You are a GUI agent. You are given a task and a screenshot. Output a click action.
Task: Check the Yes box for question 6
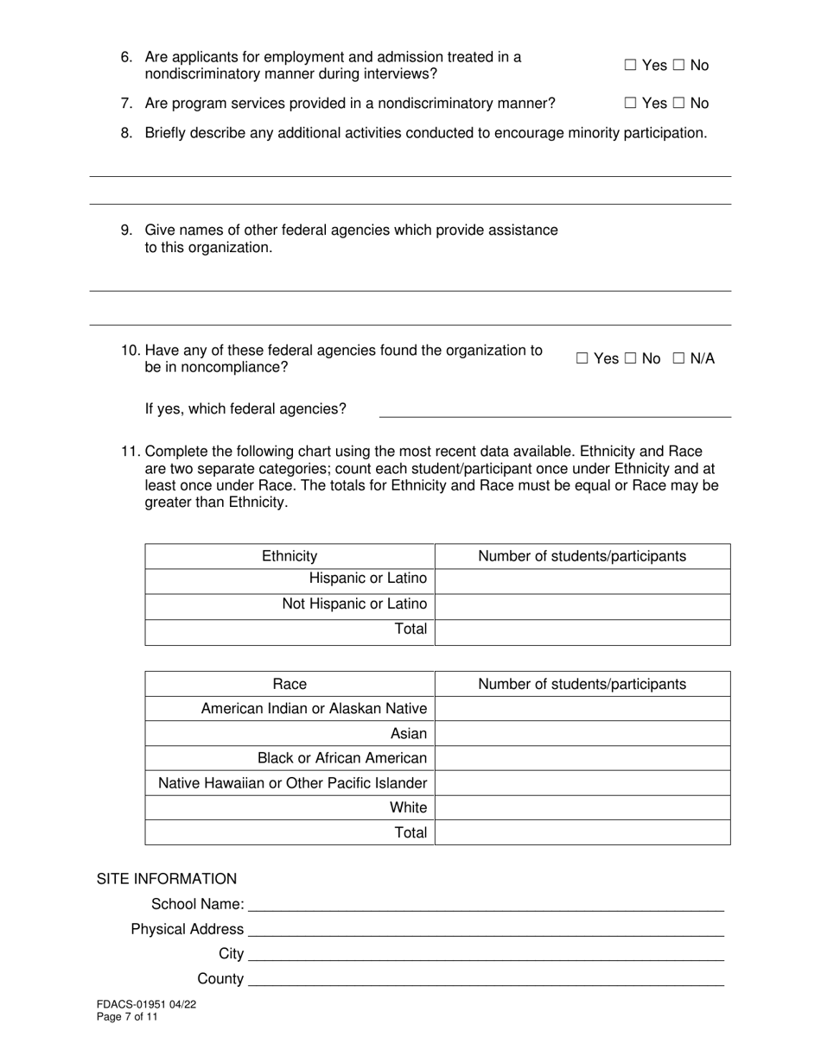[630, 66]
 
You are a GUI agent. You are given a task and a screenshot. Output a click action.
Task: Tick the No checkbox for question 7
[680, 104]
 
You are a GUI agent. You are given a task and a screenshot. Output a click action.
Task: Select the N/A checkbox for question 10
[678, 359]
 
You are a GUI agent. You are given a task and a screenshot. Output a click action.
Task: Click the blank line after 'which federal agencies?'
[555, 410]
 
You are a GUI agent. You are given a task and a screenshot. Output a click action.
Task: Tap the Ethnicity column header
[290, 556]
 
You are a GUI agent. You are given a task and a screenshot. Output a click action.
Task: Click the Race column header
[290, 684]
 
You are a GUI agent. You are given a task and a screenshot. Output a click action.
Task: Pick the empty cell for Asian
[582, 734]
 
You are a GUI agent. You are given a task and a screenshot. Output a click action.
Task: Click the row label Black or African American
[342, 758]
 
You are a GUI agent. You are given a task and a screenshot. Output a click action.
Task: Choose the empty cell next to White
[582, 808]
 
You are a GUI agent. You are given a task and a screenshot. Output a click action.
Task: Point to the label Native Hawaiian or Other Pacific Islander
[292, 783]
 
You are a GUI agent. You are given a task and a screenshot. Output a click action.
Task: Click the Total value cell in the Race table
[582, 833]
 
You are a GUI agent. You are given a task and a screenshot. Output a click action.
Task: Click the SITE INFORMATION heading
[166, 879]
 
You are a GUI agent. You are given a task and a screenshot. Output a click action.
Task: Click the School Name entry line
[486, 904]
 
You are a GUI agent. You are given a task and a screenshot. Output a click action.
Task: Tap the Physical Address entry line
[486, 929]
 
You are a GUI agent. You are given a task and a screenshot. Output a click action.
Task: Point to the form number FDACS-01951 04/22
[139, 1005]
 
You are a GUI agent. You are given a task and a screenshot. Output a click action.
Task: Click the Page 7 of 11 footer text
[127, 1017]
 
